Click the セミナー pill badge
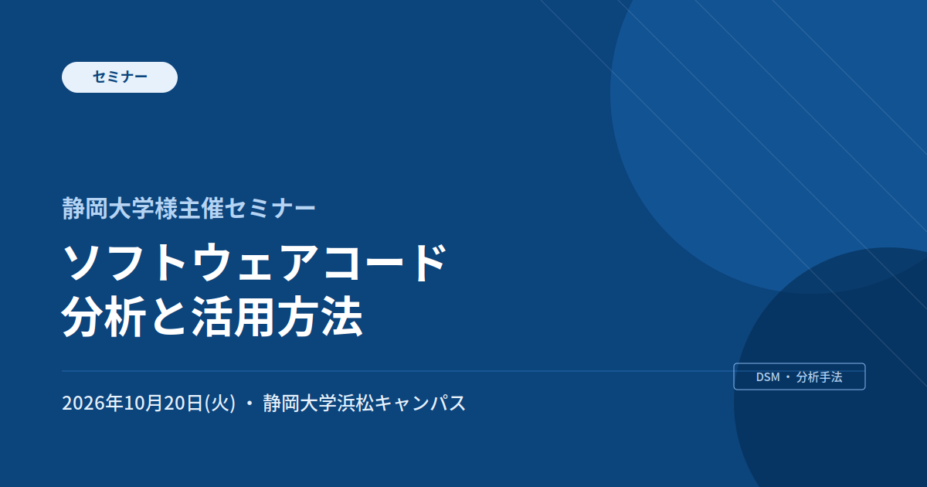[x=120, y=77]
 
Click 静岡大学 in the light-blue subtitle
[x=108, y=208]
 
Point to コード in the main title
[x=385, y=263]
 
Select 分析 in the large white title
[x=104, y=317]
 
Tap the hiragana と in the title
[x=168, y=317]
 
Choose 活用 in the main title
[x=233, y=317]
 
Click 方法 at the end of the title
[x=320, y=317]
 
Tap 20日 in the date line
[x=183, y=403]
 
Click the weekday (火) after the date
[x=220, y=403]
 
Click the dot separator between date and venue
[x=250, y=404]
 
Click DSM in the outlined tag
[x=768, y=377]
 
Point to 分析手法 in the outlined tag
[x=819, y=377]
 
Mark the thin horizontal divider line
[x=398, y=371]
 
